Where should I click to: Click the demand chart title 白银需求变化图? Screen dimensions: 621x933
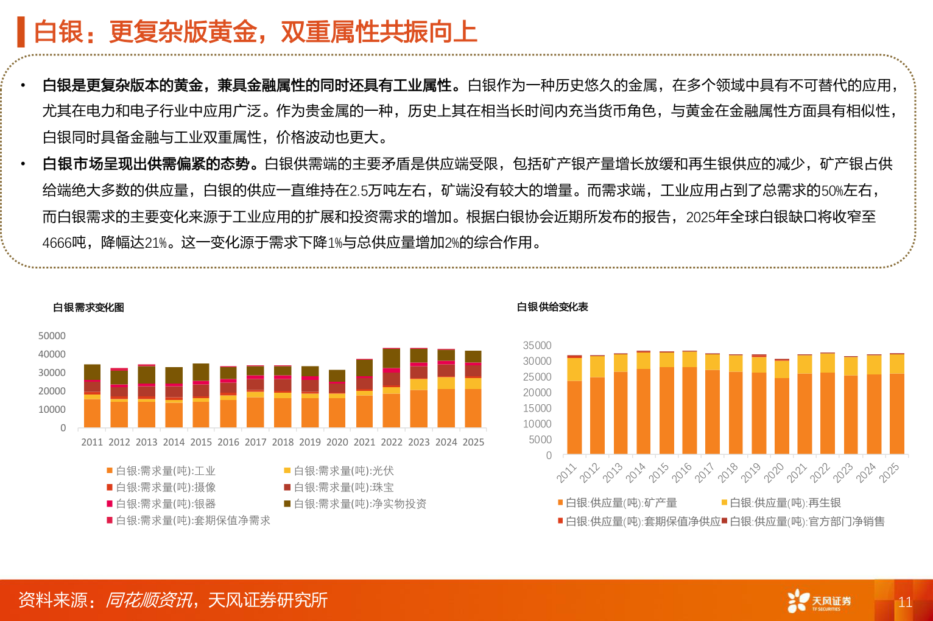click(88, 307)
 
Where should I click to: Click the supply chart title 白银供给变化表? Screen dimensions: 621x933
click(552, 307)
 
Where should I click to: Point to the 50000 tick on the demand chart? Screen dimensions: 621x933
click(52, 336)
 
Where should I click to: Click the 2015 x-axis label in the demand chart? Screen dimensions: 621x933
click(201, 442)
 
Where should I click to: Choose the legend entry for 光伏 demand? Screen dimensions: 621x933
click(343, 471)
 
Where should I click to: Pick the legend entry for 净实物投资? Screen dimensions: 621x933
click(360, 503)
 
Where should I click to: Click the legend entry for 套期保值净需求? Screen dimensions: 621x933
click(192, 520)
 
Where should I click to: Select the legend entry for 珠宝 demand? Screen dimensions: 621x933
click(343, 487)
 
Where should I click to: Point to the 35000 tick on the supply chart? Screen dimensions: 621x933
click(537, 345)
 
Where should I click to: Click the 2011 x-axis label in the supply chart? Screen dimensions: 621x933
click(566, 472)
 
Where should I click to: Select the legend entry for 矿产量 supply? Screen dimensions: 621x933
click(621, 502)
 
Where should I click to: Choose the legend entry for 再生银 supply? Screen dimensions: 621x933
click(784, 502)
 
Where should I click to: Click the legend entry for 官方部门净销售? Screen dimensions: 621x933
click(806, 521)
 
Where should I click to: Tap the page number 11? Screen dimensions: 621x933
click(905, 602)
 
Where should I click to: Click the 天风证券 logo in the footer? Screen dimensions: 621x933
click(819, 601)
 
